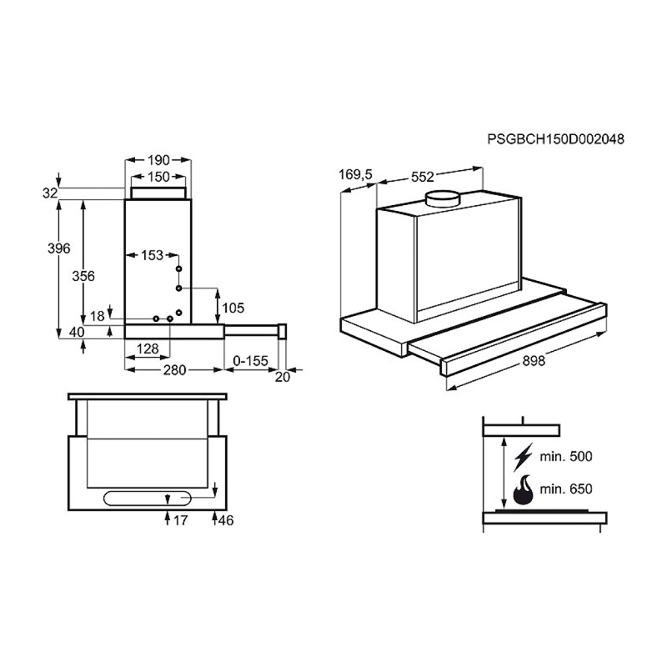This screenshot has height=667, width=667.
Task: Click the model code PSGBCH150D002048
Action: [555, 140]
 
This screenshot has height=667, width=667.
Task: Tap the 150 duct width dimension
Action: [158, 177]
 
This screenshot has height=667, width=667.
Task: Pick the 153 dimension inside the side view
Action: [152, 256]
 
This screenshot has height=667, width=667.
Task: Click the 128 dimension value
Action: [148, 349]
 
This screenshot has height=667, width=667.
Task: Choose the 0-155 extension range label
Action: [251, 362]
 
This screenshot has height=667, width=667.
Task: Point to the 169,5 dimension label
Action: [355, 175]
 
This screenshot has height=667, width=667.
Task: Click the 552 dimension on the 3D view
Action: [424, 177]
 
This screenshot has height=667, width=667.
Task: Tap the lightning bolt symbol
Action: [524, 456]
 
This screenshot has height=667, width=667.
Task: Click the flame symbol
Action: [524, 489]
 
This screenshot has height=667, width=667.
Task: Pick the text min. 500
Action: [566, 457]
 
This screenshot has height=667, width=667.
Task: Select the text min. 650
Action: [566, 489]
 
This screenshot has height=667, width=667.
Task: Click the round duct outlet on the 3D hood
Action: [444, 198]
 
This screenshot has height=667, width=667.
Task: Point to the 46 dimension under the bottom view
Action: [225, 520]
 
